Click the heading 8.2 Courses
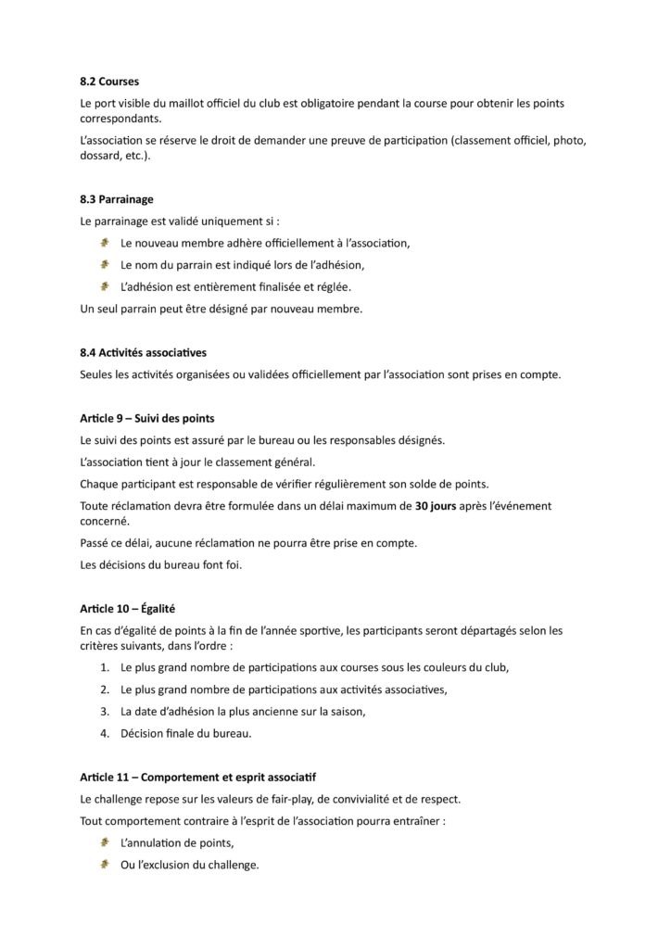109,82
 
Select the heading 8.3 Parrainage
117,199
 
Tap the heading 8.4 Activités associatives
144,352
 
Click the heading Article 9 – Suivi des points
147,418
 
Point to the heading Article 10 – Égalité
128,608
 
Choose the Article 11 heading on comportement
198,777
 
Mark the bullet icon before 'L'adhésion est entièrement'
105,286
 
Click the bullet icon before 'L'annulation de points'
105,842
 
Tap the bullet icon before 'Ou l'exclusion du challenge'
105,865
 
